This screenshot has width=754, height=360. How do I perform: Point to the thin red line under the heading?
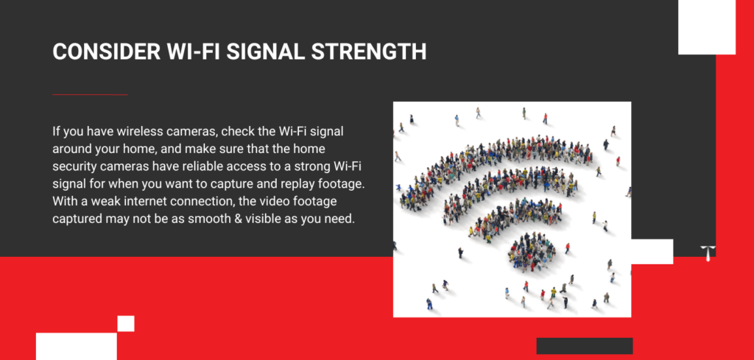(x=90, y=95)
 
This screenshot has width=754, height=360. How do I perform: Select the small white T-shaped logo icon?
(x=708, y=253)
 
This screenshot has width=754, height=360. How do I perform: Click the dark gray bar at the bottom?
(x=584, y=345)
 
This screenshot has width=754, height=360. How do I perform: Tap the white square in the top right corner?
(x=706, y=27)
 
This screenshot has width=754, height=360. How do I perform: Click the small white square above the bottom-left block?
(x=125, y=323)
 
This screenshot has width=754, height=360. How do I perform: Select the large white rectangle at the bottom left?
(x=77, y=346)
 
